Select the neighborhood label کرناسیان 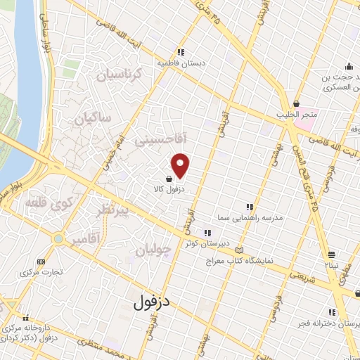tap(119, 75)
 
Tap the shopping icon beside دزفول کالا tap(169, 179)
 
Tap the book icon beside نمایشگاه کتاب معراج tap(242, 250)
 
